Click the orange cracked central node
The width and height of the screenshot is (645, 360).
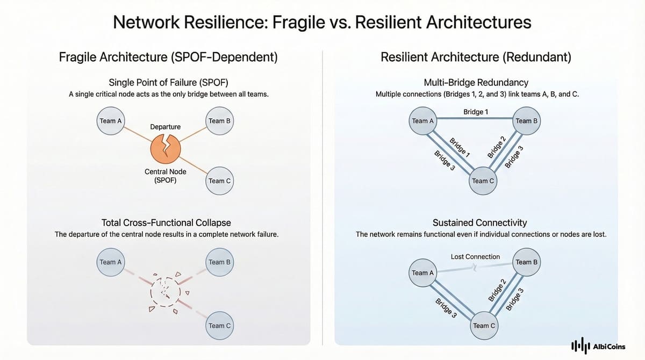pyautogui.click(x=165, y=149)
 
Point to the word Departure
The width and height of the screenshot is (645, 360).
pyautogui.click(x=165, y=127)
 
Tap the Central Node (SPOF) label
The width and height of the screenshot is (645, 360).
pyautogui.click(x=165, y=176)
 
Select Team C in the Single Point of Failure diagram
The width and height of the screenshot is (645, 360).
pyautogui.click(x=219, y=181)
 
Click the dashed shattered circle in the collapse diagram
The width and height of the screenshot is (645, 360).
pyautogui.click(x=165, y=293)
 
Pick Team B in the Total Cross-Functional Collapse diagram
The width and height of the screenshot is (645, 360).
pyautogui.click(x=219, y=262)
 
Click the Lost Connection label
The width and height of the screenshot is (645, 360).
pyautogui.click(x=475, y=257)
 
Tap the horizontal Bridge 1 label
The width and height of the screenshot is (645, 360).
pyautogui.click(x=476, y=112)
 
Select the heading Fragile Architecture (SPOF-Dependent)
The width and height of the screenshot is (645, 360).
pyautogui.click(x=168, y=57)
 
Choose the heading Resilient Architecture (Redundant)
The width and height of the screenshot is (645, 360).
pyautogui.click(x=476, y=57)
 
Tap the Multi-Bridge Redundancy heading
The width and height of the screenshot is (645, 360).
pyautogui.click(x=476, y=83)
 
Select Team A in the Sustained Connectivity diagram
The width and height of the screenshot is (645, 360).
pyautogui.click(x=422, y=273)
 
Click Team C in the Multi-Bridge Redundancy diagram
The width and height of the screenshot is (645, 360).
pyautogui.click(x=483, y=181)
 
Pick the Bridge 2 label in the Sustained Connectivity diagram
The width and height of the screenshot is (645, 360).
pyautogui.click(x=497, y=291)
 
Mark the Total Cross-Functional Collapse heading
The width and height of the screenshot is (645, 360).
pyautogui.click(x=166, y=222)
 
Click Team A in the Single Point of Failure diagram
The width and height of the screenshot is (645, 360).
pyautogui.click(x=111, y=121)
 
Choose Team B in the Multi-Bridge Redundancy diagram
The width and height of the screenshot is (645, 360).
pyautogui.click(x=526, y=121)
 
